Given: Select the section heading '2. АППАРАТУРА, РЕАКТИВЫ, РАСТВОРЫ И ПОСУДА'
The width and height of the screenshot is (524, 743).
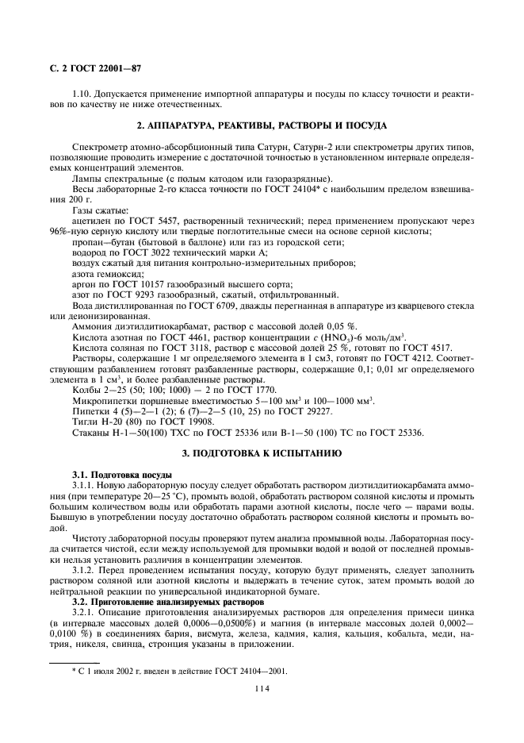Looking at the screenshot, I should point(261,125).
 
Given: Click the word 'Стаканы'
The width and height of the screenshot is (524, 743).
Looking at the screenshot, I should point(90,433).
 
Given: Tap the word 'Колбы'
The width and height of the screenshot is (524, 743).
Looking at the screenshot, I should point(86,390).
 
